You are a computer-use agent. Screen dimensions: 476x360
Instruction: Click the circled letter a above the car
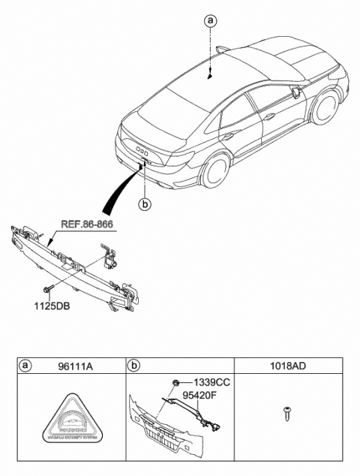[211, 22]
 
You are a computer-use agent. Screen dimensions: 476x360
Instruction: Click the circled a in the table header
[25, 367]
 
